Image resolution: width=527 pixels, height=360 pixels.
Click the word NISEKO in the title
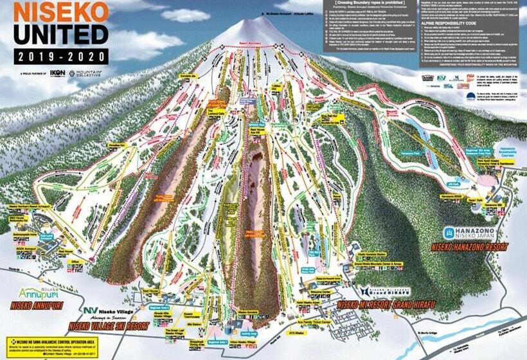tap(53, 12)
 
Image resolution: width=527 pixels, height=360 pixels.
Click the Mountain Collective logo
tap(87, 74)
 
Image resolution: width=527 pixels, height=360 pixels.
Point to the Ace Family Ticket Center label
tap(314, 320)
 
